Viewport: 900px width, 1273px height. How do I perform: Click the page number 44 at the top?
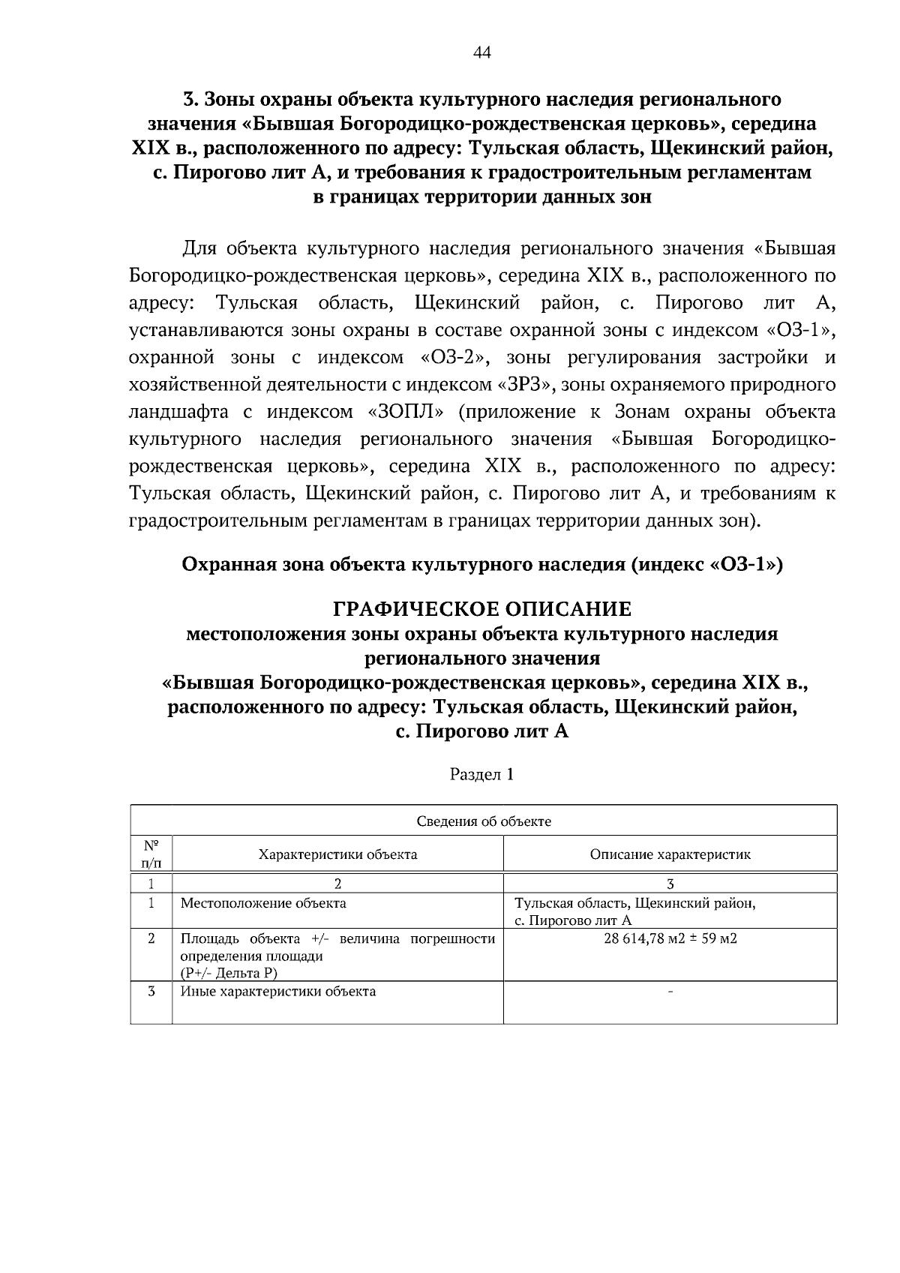click(x=482, y=53)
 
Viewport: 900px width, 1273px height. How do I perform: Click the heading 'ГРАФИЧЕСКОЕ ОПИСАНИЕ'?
click(x=482, y=607)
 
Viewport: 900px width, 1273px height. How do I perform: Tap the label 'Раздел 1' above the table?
click(x=481, y=774)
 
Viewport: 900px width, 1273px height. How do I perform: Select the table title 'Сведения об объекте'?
click(x=484, y=821)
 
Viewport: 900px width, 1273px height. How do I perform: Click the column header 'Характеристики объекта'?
click(x=337, y=854)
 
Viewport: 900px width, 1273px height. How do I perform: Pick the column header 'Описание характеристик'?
click(x=670, y=854)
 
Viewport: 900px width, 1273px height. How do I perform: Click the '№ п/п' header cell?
click(x=151, y=854)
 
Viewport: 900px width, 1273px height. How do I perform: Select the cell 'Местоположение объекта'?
click(x=263, y=902)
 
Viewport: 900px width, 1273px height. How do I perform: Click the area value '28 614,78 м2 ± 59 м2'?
click(x=670, y=938)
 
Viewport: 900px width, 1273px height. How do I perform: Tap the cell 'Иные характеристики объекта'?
click(x=278, y=991)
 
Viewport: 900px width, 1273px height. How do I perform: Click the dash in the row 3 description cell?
click(x=670, y=992)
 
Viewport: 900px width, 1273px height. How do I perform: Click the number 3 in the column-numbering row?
click(x=670, y=883)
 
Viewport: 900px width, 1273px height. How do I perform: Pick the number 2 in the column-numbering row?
click(x=337, y=883)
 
